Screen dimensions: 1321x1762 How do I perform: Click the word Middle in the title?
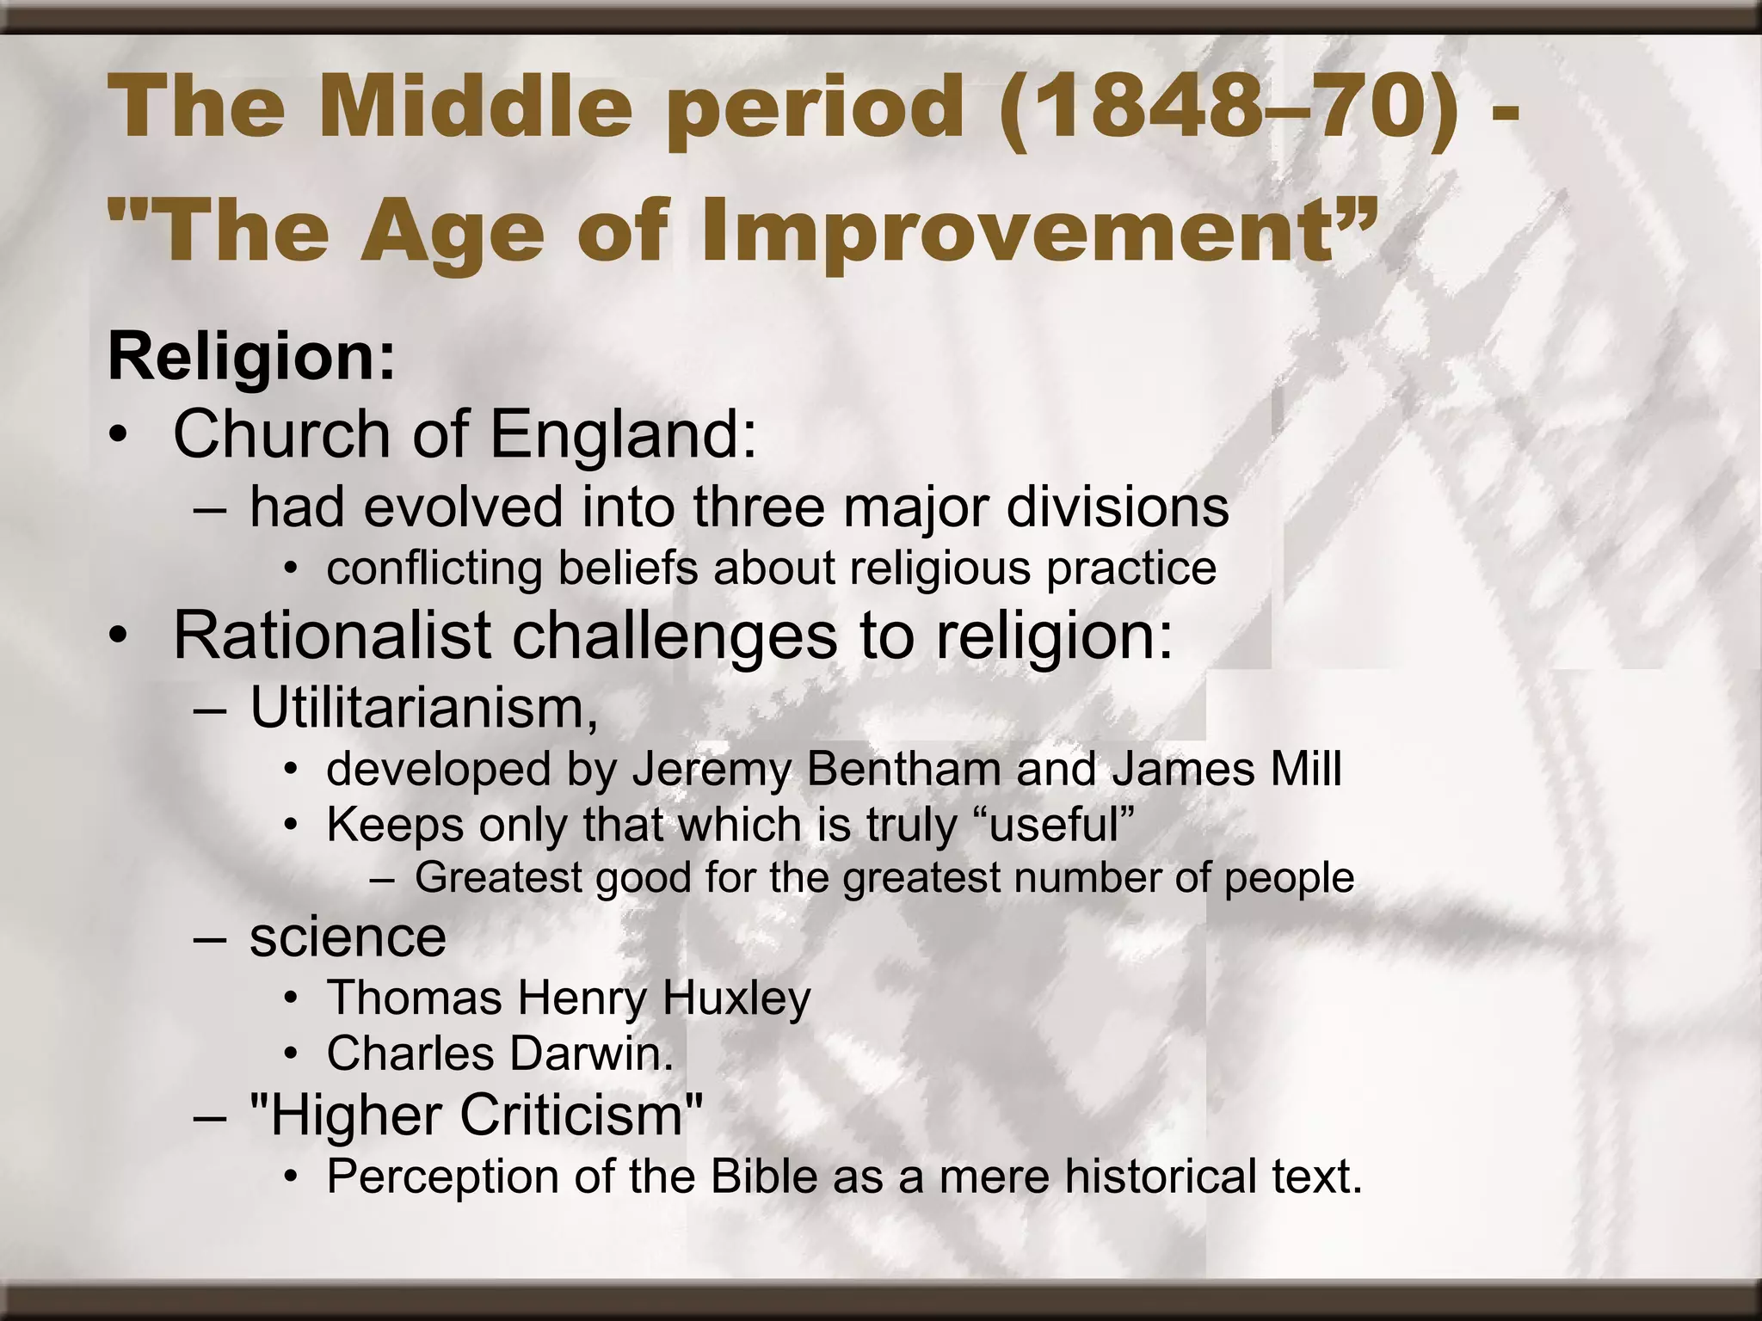477,108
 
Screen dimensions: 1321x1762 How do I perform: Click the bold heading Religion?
251,357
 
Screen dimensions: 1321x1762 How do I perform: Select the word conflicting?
434,568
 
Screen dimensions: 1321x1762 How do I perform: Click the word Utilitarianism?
422,710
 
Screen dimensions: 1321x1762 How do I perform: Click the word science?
348,937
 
